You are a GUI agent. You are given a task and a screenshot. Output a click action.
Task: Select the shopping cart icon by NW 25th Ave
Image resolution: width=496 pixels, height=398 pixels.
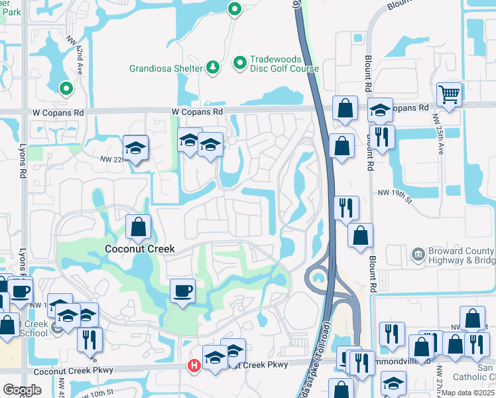[450, 96]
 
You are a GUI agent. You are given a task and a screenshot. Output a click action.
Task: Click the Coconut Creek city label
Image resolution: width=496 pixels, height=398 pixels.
[140, 249]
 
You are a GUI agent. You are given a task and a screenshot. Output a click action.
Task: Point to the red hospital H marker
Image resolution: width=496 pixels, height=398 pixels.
[194, 365]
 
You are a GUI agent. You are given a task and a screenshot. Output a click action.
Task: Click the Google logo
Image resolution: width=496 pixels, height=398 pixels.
[22, 390]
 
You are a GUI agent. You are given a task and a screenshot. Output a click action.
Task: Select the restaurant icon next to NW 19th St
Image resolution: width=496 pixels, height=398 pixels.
[347, 208]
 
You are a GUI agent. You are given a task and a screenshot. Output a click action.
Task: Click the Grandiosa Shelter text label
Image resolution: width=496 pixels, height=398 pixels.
[166, 67]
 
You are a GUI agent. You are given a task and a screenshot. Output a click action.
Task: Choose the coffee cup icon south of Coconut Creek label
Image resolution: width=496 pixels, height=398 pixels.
[182, 291]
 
